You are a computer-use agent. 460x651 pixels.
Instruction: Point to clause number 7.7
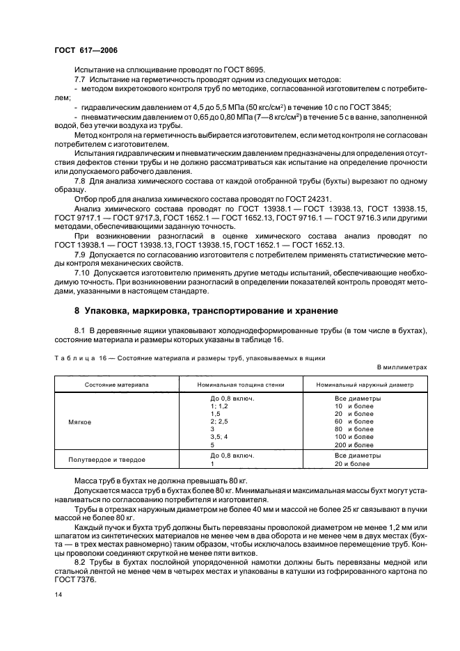tap(79, 81)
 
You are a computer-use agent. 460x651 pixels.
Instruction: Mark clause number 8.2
tap(79, 551)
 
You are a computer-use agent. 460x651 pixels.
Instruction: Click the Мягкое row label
tap(81, 421)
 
